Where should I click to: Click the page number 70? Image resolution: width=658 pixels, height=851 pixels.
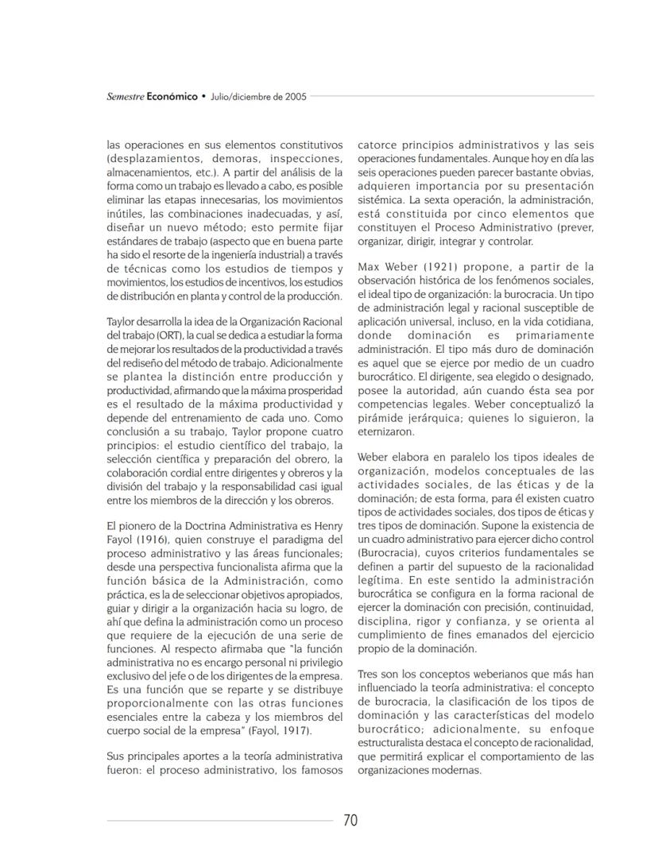pos(350,821)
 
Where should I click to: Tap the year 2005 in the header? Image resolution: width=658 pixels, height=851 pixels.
pos(293,96)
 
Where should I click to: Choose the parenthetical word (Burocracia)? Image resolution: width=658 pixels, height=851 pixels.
pos(386,551)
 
